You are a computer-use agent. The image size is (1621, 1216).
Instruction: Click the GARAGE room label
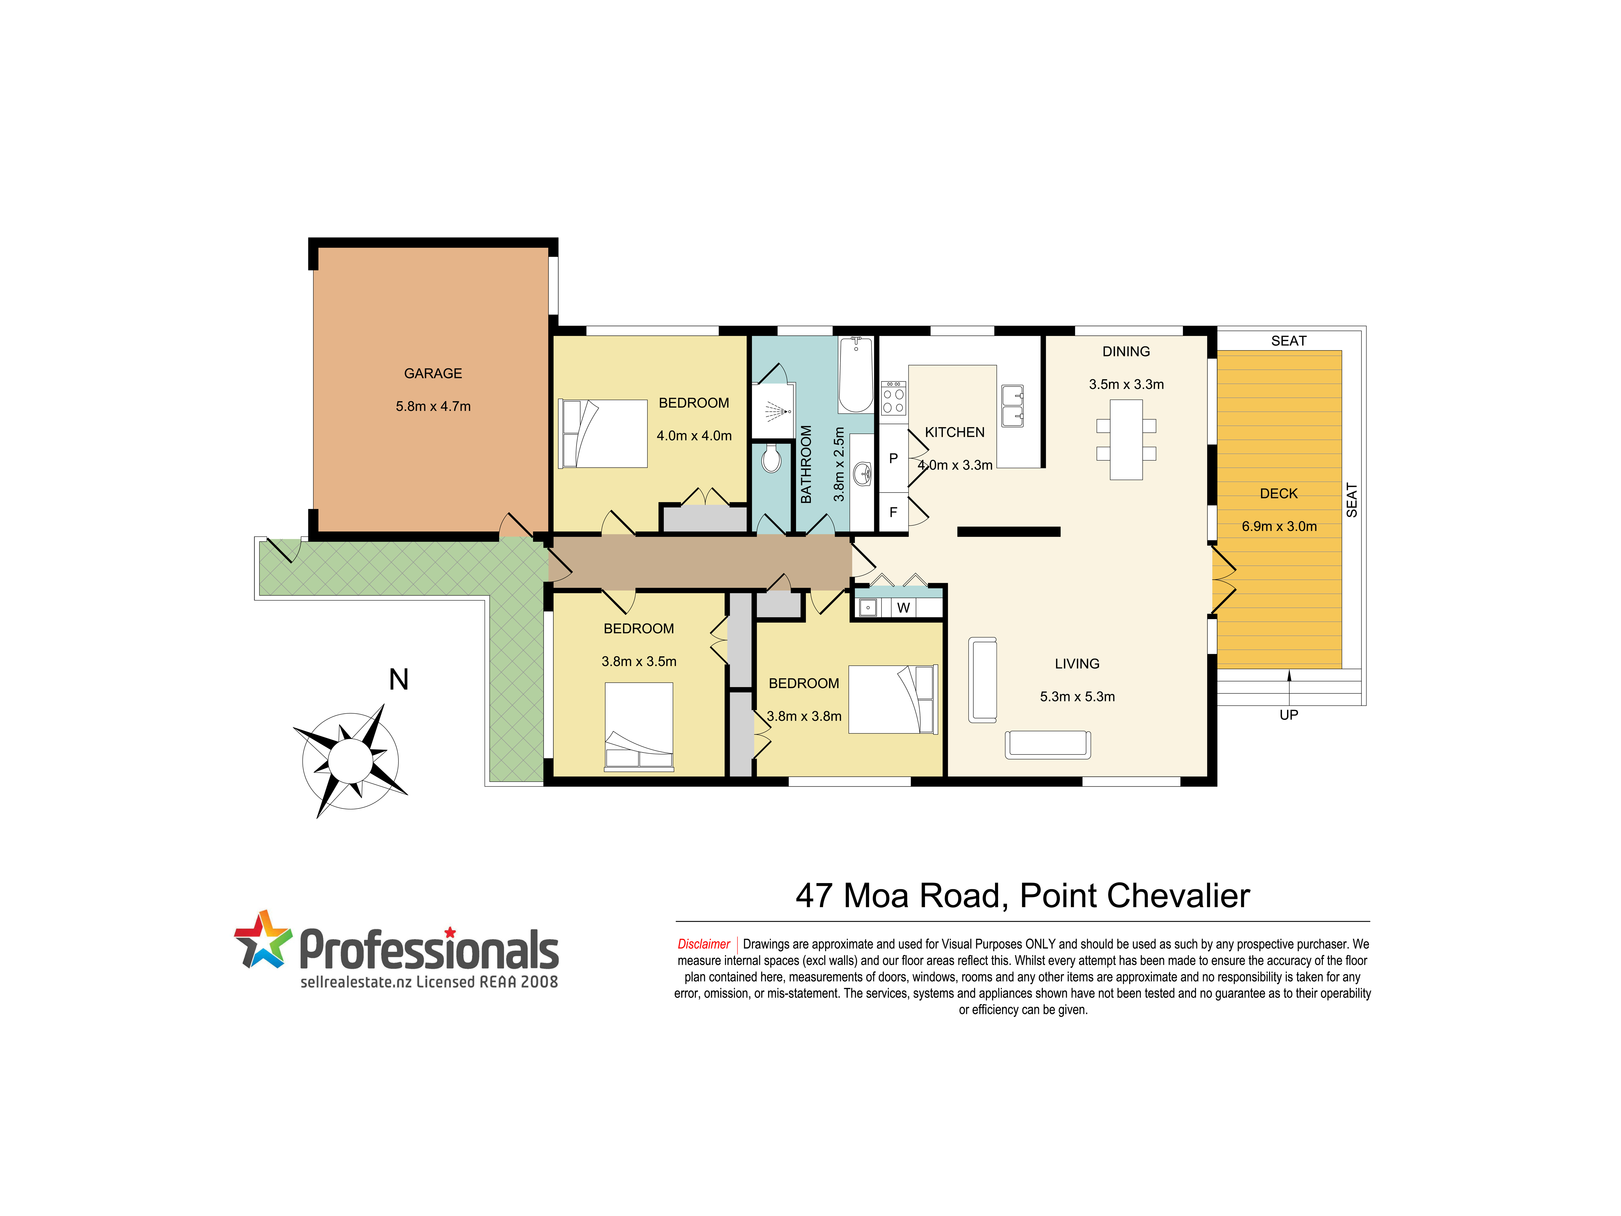coord(433,373)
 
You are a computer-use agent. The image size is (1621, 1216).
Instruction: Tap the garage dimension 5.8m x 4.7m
coord(433,406)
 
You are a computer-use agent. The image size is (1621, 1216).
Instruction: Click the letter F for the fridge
coord(893,512)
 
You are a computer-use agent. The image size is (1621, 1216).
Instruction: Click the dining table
coord(1126,440)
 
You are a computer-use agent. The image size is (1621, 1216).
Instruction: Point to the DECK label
coord(1279,493)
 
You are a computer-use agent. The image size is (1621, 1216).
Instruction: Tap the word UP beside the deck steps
coord(1289,715)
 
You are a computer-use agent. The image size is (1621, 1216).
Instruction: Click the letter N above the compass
coord(399,679)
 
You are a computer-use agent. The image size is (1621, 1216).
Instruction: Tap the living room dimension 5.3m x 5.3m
coord(1077,696)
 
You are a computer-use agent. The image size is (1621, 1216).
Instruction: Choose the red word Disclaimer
coord(704,944)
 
